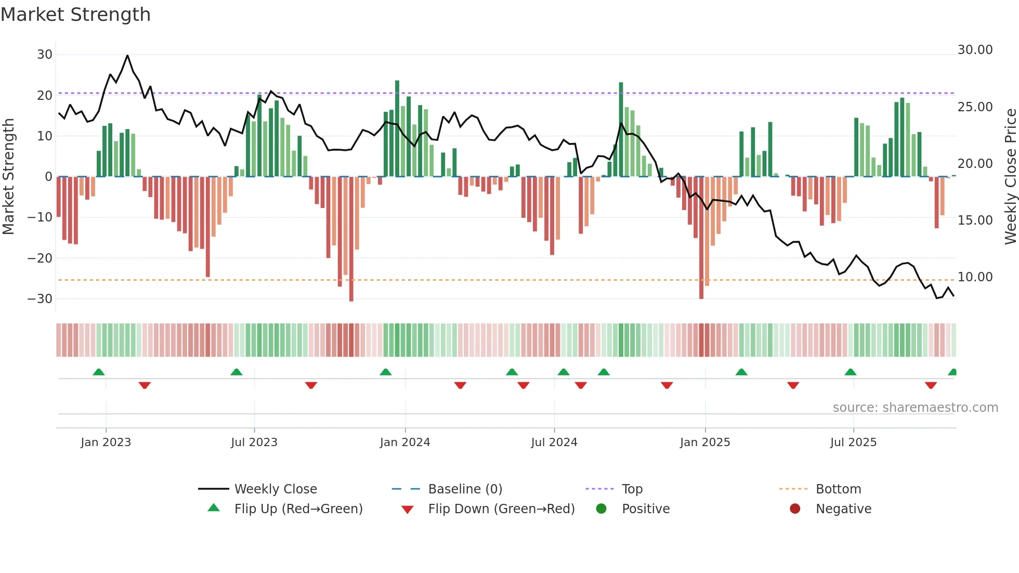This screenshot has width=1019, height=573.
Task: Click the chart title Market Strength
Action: click(x=76, y=15)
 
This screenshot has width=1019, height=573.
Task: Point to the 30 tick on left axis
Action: click(x=45, y=55)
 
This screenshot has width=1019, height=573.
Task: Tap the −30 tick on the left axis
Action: click(x=40, y=299)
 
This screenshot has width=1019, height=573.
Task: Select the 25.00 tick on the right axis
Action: click(x=975, y=107)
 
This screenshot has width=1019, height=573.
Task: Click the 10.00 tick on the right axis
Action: click(x=975, y=277)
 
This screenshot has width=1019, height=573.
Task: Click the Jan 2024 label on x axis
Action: click(x=405, y=442)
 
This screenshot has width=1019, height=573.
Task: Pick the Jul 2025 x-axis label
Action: click(x=853, y=442)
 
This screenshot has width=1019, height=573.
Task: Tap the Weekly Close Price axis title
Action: click(x=1010, y=177)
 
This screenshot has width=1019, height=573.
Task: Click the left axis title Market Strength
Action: click(x=9, y=177)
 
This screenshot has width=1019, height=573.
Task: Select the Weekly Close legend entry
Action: click(x=276, y=489)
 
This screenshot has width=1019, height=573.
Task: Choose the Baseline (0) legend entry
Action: click(x=465, y=489)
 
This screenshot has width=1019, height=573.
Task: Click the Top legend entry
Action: click(x=632, y=489)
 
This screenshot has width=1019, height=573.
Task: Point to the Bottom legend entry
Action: click(x=838, y=489)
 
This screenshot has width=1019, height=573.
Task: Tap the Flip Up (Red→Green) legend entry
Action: click(x=298, y=509)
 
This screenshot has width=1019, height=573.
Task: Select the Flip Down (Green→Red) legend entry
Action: click(x=501, y=509)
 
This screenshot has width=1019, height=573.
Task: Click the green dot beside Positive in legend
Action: click(x=602, y=509)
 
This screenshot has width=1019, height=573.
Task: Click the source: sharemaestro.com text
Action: click(x=915, y=408)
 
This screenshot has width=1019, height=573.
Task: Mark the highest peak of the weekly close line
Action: click(x=127, y=55)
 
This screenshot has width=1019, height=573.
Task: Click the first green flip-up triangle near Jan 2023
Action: click(x=99, y=372)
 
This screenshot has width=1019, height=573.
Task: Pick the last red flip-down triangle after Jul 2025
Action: click(x=931, y=385)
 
